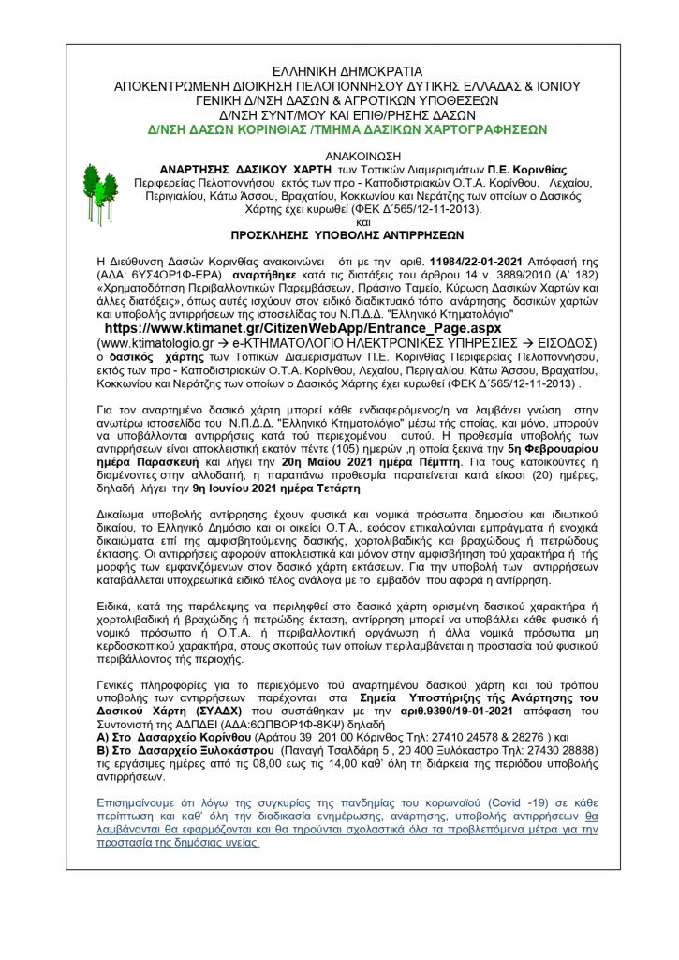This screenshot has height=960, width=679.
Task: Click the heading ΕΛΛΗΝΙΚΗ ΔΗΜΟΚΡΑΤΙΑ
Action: pyautogui.click(x=340, y=71)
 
